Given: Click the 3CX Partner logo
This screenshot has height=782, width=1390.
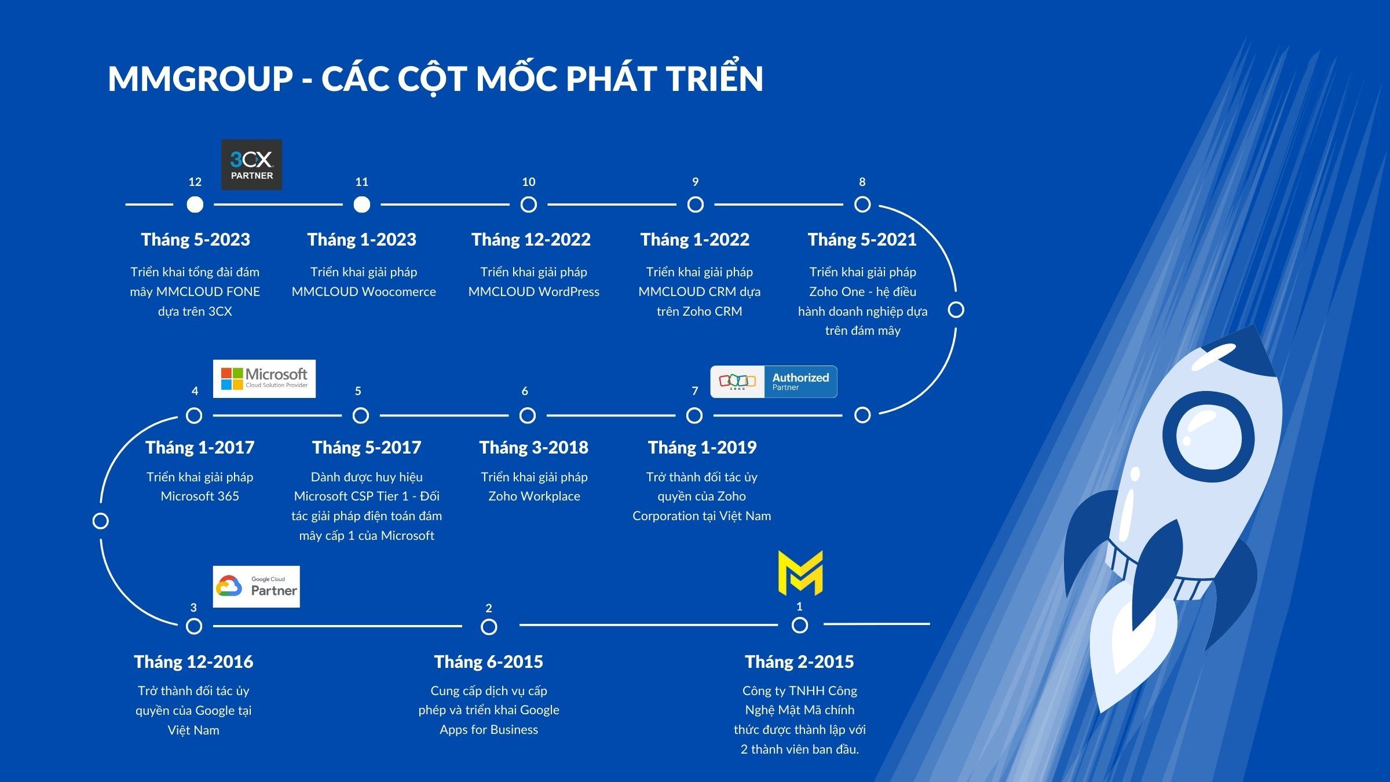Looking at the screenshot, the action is coord(251,165).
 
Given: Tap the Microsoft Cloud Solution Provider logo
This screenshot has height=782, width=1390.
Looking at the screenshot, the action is coord(264,379).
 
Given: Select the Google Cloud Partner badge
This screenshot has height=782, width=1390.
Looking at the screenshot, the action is coord(256,587).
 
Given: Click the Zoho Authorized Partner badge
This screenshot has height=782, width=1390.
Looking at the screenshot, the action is coord(774,382).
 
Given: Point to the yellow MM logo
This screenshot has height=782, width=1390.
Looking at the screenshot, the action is coord(800,573).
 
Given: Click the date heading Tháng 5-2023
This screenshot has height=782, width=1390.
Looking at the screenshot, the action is coord(196,240).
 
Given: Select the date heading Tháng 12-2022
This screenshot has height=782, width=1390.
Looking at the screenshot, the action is coord(531,240).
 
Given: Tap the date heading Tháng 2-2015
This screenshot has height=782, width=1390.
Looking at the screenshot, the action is coord(799,662).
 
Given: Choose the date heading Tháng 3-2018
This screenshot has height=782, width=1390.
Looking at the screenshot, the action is coord(533,448).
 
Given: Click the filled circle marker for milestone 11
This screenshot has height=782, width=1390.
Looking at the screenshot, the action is coord(362,204).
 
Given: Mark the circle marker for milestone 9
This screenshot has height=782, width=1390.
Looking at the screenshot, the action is coord(696,204).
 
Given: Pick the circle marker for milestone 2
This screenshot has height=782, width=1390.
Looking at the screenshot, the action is coord(489,627).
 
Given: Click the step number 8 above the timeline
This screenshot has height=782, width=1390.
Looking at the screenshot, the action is coord(862,182).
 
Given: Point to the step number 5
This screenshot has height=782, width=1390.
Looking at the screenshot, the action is coord(358,391).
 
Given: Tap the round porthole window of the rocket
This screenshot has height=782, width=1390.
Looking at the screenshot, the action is coord(1208,437).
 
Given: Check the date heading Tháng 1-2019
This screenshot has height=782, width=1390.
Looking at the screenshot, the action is coord(702,448).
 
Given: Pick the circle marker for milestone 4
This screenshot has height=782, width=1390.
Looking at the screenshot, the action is coord(194,415).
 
